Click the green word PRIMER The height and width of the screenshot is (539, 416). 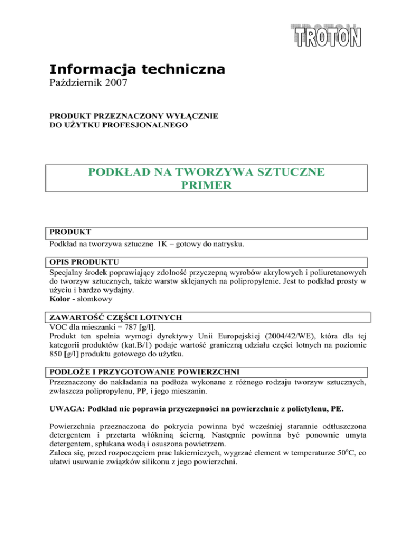[x=209, y=186]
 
